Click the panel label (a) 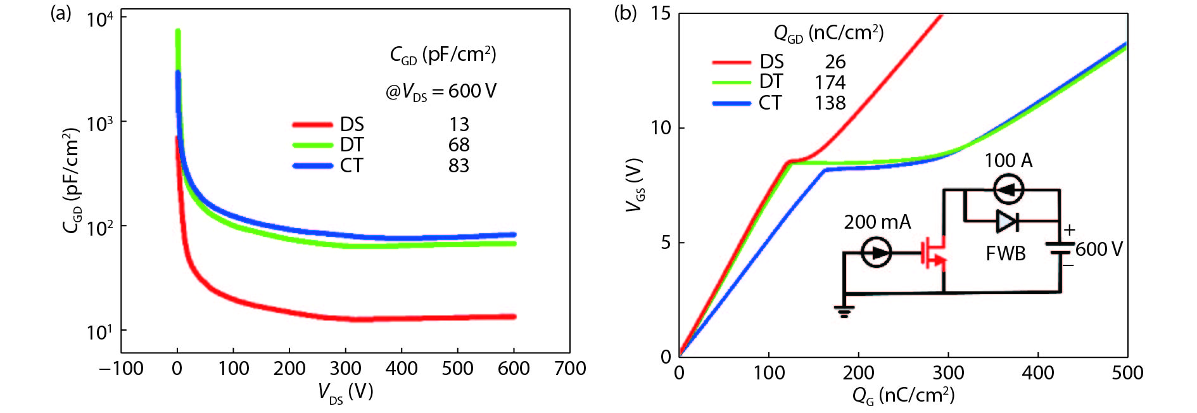(x=61, y=13)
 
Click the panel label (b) (x=625, y=13)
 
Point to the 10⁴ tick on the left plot (x=100, y=19)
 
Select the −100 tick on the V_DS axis (x=121, y=369)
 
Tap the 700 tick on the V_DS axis (x=570, y=369)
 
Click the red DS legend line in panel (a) (x=312, y=125)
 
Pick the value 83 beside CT (x=459, y=166)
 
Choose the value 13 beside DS (x=459, y=125)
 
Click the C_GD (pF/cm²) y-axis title (x=73, y=181)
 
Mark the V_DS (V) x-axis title (x=345, y=393)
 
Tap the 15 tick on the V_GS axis (x=661, y=13)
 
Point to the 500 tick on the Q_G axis (x=1127, y=372)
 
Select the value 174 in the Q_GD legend (x=830, y=83)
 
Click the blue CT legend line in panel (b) (x=731, y=103)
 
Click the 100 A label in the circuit (x=1008, y=161)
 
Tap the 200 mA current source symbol (x=877, y=253)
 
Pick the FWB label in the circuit (x=1006, y=254)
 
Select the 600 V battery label (x=1099, y=250)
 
